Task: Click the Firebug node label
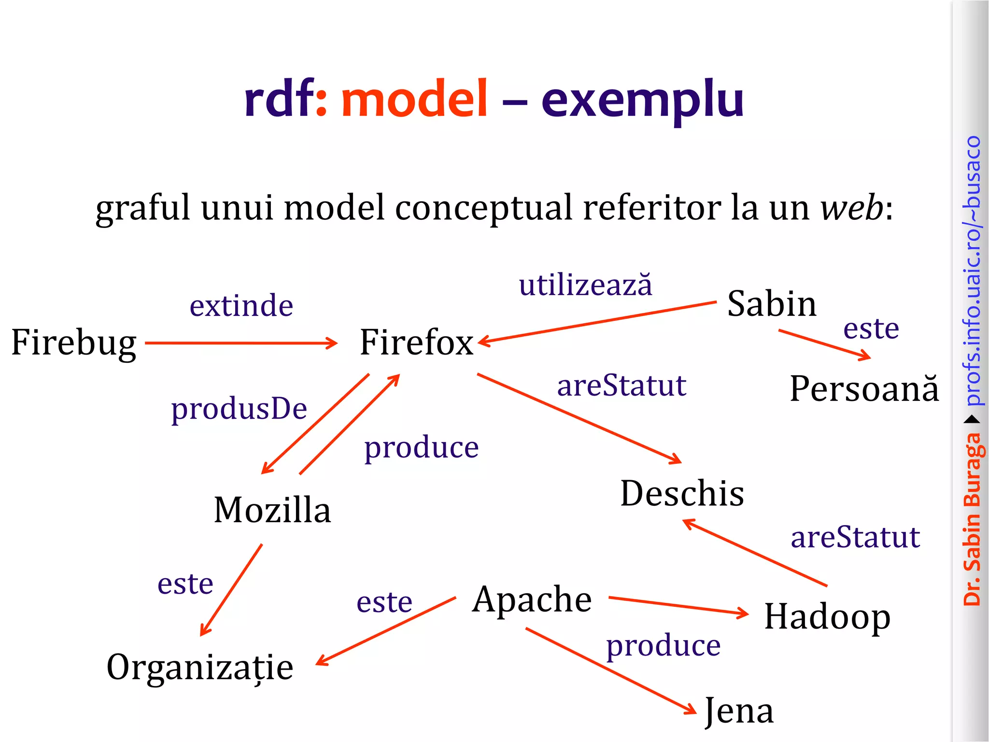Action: point(73,342)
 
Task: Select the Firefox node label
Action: point(416,342)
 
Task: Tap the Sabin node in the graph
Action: point(771,304)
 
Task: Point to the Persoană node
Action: point(864,389)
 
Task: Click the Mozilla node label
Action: point(272,510)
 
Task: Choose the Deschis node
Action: point(682,494)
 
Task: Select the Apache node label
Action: point(532,599)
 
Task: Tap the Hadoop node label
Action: point(827,617)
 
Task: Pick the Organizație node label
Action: point(200,667)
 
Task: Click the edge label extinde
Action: point(241,306)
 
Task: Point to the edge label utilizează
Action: point(585,285)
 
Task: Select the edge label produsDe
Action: point(239,409)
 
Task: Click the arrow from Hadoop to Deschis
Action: point(755,553)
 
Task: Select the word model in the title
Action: point(414,99)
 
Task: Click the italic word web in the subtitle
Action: point(852,208)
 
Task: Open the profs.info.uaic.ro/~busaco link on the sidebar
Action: point(973,271)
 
